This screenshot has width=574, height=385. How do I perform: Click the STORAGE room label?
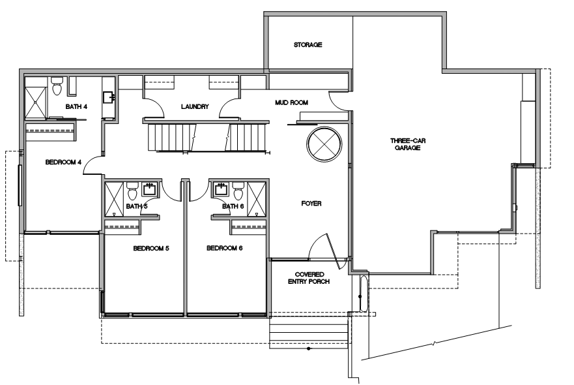coord(308,45)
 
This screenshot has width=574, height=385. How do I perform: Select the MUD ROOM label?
coord(291,102)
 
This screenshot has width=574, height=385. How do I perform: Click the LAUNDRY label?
coord(195,106)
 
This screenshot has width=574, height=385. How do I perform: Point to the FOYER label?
coord(311,204)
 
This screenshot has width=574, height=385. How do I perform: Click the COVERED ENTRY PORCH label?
coord(310,278)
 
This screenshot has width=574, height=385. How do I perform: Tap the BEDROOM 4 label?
coord(63,162)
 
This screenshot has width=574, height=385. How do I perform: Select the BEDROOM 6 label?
coord(224,248)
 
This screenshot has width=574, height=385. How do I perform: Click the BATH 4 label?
coord(76,106)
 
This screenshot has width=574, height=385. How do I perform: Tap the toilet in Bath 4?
coord(57,85)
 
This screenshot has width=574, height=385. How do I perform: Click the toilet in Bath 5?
coord(132,192)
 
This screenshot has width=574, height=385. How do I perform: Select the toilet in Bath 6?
coord(238,192)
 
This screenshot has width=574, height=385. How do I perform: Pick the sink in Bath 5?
coord(149,188)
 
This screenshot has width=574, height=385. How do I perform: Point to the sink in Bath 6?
coord(221,188)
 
